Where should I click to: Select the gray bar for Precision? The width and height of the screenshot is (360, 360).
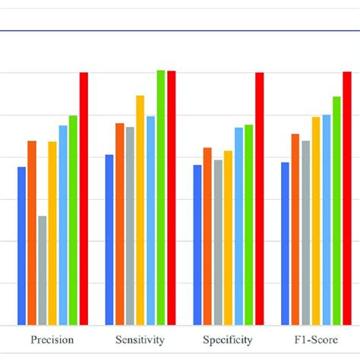pos(43,270)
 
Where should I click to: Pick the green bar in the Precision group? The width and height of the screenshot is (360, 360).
pos(74,220)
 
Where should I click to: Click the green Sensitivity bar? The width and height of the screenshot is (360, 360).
pos(161,197)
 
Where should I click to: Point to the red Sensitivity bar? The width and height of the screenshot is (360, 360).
pos(172,198)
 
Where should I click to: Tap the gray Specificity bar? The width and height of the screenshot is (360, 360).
pos(218,242)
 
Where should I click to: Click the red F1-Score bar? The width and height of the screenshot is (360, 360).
pos(347,198)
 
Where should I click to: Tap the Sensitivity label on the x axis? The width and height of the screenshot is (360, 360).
pos(141,340)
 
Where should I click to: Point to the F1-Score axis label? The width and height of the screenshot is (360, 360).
pos(316,340)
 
